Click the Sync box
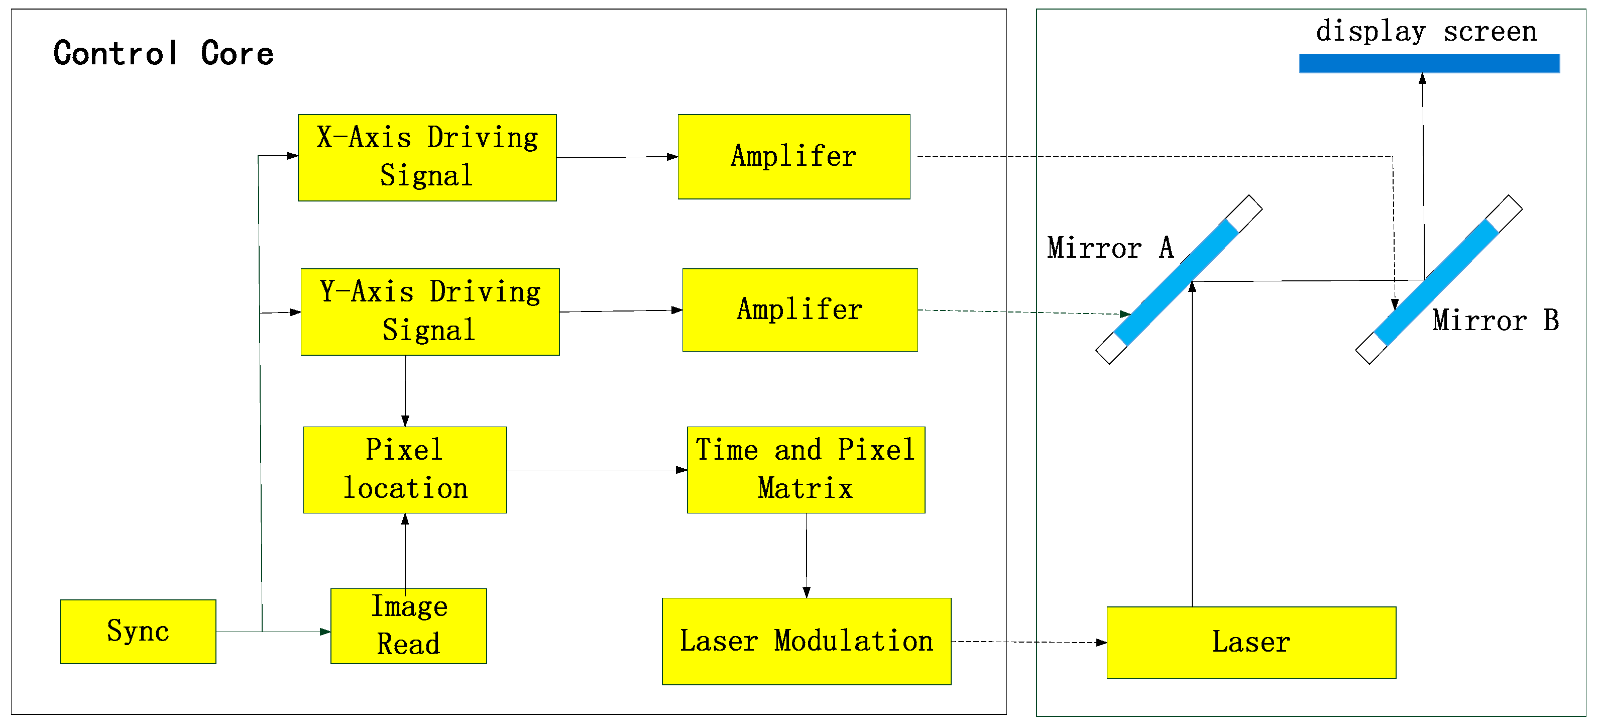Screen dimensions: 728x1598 click(138, 631)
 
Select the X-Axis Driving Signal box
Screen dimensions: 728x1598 click(427, 157)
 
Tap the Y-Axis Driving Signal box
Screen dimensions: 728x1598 click(430, 311)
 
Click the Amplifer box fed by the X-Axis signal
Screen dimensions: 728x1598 click(794, 156)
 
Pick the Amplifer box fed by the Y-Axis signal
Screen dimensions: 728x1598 click(800, 309)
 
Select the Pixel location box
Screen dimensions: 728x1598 click(404, 469)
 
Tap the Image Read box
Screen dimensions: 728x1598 click(408, 626)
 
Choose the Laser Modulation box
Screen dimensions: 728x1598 click(806, 641)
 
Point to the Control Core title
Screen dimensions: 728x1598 click(163, 53)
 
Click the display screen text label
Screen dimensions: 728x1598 click(1426, 31)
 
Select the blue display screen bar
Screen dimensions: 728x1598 click(1429, 63)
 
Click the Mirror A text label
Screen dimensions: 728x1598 click(1110, 248)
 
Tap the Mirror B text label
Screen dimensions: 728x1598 click(1495, 320)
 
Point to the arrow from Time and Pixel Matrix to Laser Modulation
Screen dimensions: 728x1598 click(806, 556)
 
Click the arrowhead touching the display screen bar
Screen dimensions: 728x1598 click(1422, 79)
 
